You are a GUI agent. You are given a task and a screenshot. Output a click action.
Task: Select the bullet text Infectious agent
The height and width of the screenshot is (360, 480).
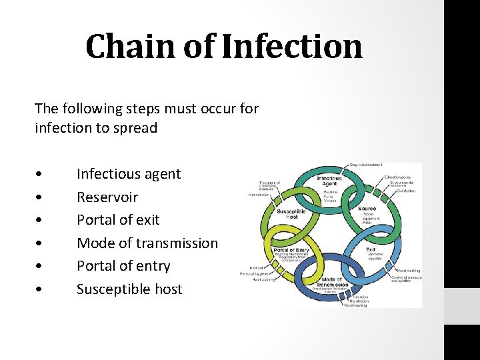[x=129, y=174]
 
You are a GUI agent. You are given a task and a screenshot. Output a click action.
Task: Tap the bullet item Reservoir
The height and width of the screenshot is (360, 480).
[x=107, y=197]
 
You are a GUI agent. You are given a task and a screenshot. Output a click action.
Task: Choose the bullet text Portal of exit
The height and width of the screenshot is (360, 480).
[x=118, y=220]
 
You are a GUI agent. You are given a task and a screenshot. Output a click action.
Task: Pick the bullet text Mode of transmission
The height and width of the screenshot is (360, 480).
[x=147, y=243]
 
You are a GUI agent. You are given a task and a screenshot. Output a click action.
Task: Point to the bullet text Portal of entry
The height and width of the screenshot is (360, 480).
[x=123, y=266]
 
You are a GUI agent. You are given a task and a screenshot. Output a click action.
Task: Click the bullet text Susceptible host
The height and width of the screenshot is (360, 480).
[x=129, y=289]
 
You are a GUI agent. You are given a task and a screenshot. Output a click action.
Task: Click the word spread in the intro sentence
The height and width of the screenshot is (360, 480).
[x=135, y=128]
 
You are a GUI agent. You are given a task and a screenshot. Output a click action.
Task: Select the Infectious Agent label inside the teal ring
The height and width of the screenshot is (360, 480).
[x=329, y=180]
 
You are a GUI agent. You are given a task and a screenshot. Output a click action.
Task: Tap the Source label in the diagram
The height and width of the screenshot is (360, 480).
[x=367, y=209]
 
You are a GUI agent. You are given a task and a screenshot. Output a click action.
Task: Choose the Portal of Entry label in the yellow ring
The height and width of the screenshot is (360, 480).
[x=290, y=250]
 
